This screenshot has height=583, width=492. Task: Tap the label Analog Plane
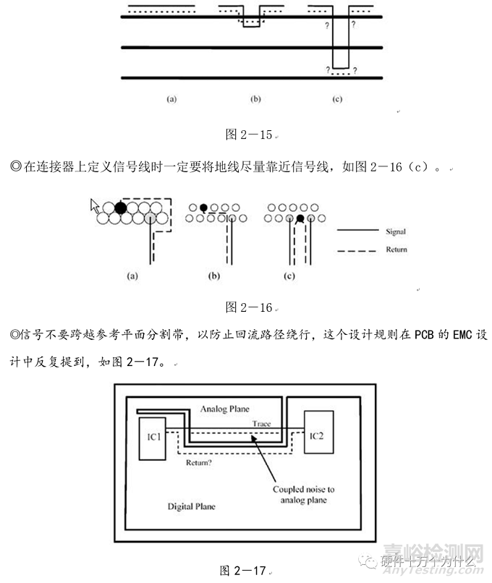pyautogui.click(x=225, y=409)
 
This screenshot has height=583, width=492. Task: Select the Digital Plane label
pyautogui.click(x=191, y=506)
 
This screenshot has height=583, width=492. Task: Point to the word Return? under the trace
pyautogui.click(x=200, y=461)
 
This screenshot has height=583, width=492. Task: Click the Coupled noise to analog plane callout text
pyautogui.click(x=303, y=495)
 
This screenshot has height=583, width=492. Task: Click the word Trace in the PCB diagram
pyautogui.click(x=261, y=423)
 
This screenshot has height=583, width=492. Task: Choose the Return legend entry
pyautogui.click(x=395, y=250)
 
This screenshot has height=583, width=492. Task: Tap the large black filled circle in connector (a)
pyautogui.click(x=121, y=208)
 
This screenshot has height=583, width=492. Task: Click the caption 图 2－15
pyautogui.click(x=248, y=134)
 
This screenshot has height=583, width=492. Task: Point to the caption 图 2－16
pyautogui.click(x=248, y=307)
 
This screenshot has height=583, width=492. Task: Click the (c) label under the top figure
pyautogui.click(x=337, y=99)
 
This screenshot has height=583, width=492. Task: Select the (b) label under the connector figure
pyautogui.click(x=214, y=276)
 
